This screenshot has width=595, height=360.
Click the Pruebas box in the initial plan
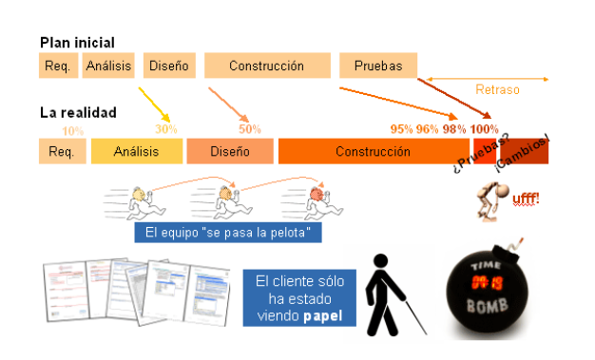point(378,66)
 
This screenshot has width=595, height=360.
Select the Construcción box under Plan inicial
point(267,66)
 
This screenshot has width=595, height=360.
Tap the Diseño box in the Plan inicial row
point(170,66)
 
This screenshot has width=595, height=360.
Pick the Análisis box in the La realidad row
point(136,151)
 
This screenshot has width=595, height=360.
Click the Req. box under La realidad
point(61,151)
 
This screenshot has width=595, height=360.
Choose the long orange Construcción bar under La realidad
point(366,151)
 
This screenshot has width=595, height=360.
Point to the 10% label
point(73,131)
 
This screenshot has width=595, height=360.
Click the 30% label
point(166,129)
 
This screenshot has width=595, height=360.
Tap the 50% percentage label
point(250,129)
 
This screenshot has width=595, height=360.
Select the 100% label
point(484,129)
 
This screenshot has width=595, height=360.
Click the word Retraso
point(498,90)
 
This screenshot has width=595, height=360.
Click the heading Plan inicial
point(77,43)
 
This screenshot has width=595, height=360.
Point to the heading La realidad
point(78,112)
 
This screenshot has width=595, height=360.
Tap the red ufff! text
point(526,199)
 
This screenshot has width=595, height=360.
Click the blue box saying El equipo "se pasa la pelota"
point(228,232)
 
